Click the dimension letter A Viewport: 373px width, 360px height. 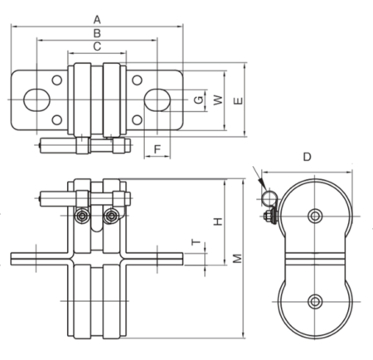coord(97,18)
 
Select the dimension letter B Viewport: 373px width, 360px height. coord(97,32)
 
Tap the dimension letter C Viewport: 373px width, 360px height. coord(97,47)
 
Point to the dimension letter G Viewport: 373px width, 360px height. coord(197,100)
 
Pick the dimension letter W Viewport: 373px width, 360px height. coord(218,100)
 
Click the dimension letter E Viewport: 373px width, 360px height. coord(239,100)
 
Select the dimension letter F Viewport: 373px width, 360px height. coord(157,148)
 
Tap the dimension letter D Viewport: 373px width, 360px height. coord(306,157)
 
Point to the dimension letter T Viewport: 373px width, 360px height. coord(196,242)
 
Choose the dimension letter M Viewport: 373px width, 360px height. coord(238,260)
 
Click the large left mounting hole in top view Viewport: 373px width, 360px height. coord(36,100)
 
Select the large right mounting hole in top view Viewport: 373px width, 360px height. coord(157,100)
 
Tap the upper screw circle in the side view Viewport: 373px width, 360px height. coord(313,216)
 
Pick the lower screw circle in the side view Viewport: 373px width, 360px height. coord(313,300)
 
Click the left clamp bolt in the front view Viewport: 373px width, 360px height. coord(82,216)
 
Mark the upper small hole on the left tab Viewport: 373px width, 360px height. coord(56,80)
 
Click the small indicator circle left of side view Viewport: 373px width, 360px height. coord(267,197)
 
